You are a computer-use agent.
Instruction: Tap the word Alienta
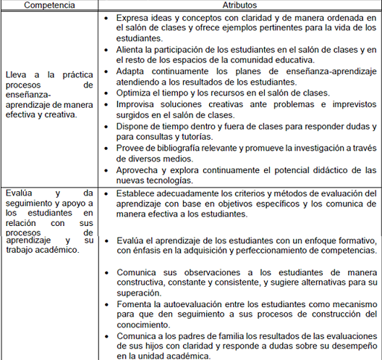coord(131,49)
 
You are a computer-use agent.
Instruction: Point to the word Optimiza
coord(135,93)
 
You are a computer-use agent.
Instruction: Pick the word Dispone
coord(135,125)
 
